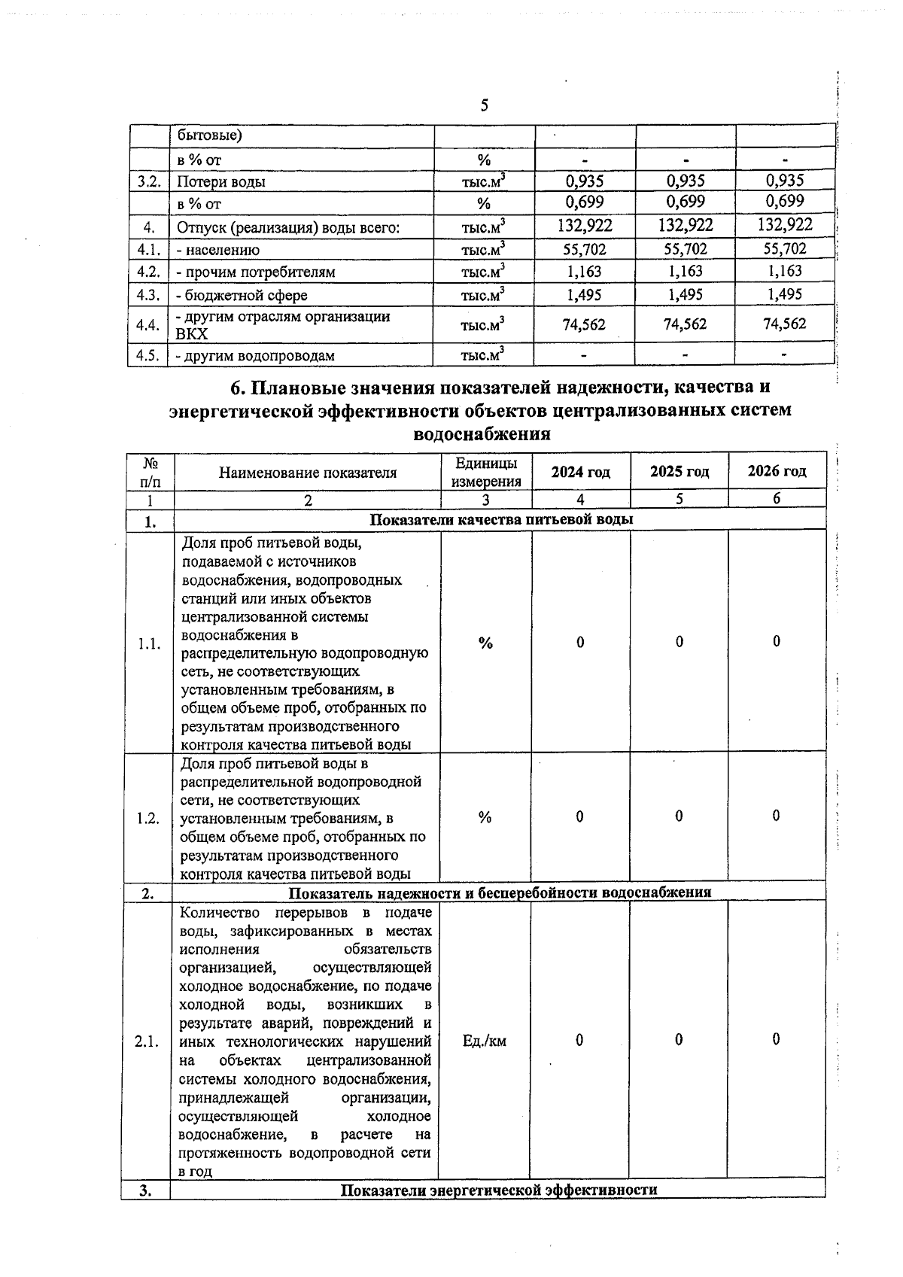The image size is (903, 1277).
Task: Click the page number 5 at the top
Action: point(485,105)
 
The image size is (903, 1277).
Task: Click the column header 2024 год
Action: point(580,472)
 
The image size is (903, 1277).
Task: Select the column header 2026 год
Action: point(777,471)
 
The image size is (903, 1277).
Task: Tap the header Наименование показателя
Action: point(307,473)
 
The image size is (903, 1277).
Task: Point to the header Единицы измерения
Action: point(486,473)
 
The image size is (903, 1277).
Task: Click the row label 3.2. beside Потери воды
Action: point(148,181)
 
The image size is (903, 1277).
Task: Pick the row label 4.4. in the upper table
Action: point(147,325)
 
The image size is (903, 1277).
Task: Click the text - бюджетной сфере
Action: point(242,296)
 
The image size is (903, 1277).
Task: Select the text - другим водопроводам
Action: point(255,355)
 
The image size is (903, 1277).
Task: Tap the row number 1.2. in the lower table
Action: point(148,819)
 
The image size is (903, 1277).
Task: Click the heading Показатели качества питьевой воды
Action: point(502,519)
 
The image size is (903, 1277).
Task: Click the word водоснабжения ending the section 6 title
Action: point(482,434)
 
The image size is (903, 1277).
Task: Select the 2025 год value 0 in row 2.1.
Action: point(679,1039)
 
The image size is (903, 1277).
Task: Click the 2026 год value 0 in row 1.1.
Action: point(777,641)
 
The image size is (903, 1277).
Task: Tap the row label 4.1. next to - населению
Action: point(147,250)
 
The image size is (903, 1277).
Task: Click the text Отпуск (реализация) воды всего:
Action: point(287,227)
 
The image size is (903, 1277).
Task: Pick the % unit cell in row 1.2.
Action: point(485,817)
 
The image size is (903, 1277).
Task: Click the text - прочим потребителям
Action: point(255,272)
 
